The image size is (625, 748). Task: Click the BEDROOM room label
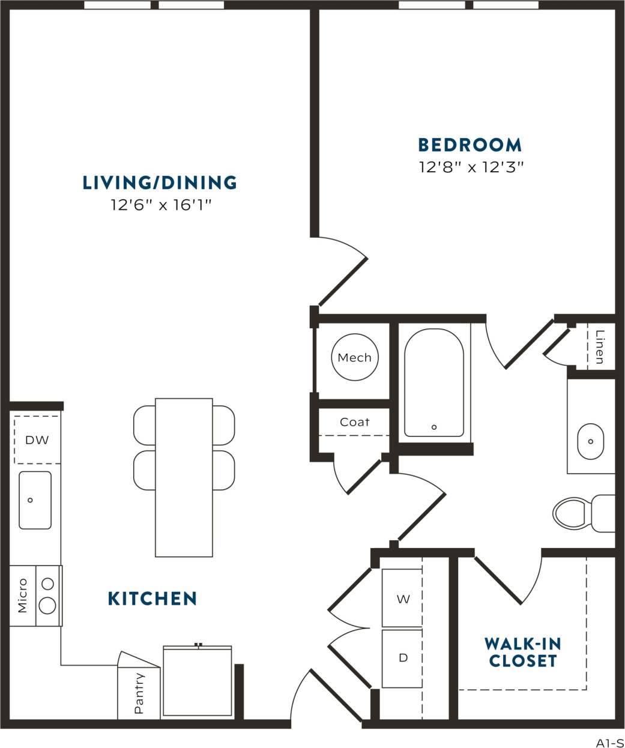point(470,145)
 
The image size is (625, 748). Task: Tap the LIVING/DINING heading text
point(160,182)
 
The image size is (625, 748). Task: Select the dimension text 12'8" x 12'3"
point(471,167)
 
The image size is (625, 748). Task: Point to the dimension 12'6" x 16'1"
point(162,205)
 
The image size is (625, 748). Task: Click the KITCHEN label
point(152,599)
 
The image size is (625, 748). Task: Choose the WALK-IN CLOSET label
point(522,653)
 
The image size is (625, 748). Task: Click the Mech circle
point(354,358)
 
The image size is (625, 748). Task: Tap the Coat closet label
point(354,422)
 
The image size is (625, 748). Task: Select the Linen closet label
point(599,347)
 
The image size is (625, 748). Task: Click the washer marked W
point(403,599)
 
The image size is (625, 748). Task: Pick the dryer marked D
point(403,658)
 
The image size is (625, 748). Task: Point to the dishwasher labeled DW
point(37,440)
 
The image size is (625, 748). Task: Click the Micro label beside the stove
point(23,596)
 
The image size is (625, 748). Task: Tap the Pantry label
point(139,693)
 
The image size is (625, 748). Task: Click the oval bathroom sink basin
point(591,441)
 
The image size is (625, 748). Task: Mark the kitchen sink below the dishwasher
point(35,500)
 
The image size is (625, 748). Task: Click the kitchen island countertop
point(184,477)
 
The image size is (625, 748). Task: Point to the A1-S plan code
point(609,742)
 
